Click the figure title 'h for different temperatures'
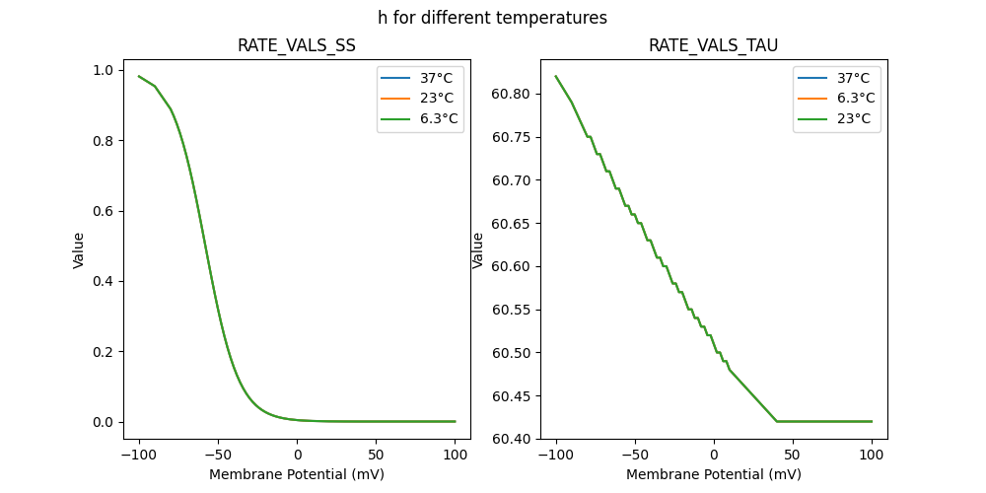(x=492, y=18)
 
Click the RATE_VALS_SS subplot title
(x=297, y=45)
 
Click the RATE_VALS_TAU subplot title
(x=714, y=45)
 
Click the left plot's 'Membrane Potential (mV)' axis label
(x=297, y=474)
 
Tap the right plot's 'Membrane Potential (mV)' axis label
(x=714, y=474)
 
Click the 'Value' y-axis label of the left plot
(x=78, y=249)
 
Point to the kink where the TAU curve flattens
(x=777, y=421)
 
